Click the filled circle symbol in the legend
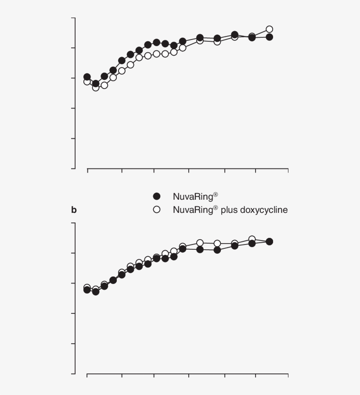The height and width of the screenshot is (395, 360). point(157,196)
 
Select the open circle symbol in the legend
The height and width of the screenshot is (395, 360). point(157,210)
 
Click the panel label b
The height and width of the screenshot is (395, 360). point(74,210)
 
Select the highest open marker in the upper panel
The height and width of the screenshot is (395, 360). point(269,29)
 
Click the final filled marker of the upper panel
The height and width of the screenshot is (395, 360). point(269,37)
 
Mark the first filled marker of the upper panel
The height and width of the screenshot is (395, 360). point(87,77)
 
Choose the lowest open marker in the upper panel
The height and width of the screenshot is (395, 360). point(96,87)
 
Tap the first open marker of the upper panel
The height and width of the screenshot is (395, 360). point(87,82)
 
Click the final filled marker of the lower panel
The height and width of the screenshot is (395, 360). point(269,241)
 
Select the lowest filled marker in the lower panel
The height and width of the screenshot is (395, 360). point(96,291)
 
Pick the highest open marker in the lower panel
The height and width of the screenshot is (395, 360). point(252,239)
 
